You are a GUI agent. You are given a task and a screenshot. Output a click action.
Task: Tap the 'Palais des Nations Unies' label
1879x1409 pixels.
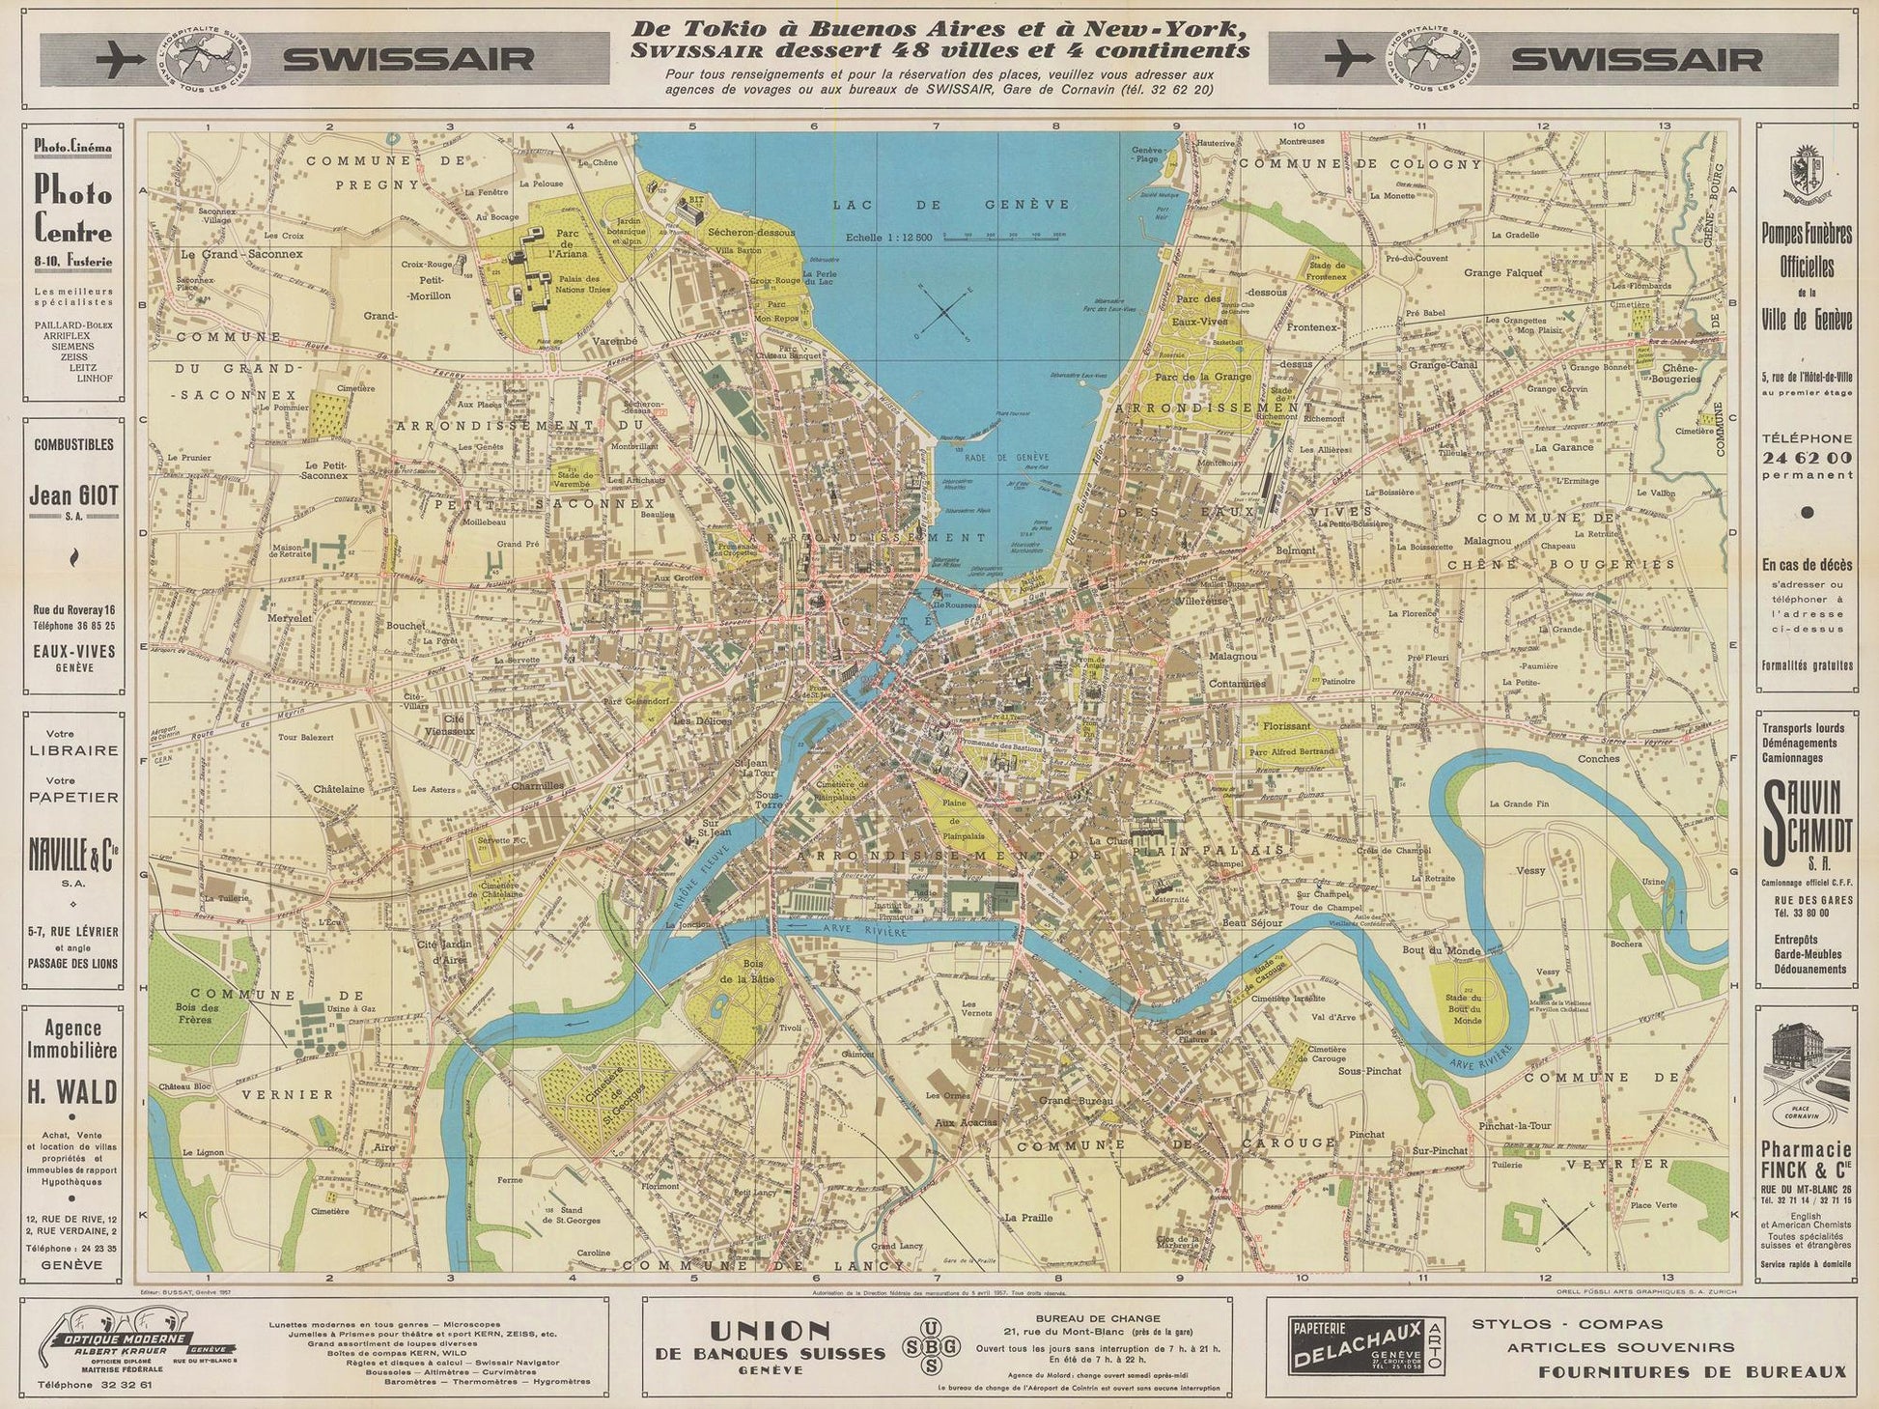click(583, 283)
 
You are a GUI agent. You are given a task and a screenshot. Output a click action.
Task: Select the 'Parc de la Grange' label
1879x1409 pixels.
click(1196, 377)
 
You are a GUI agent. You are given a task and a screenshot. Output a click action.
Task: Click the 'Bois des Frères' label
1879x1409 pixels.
click(197, 1013)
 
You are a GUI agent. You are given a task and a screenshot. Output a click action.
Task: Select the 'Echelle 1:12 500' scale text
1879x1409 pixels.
click(887, 237)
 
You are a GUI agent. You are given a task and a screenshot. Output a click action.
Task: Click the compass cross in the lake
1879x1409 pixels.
click(947, 309)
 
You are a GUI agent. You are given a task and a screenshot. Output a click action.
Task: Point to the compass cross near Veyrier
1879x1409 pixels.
click(1564, 1226)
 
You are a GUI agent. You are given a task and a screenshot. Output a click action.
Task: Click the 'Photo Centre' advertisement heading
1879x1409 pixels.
click(73, 212)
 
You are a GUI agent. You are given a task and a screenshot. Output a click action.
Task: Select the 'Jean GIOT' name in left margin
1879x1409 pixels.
click(73, 496)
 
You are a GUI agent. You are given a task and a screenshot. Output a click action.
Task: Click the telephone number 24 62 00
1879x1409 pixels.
click(1806, 457)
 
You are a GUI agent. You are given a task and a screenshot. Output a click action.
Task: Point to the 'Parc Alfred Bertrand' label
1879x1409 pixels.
click(1290, 752)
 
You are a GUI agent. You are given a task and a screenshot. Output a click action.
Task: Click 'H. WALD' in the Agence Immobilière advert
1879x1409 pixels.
click(73, 1092)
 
